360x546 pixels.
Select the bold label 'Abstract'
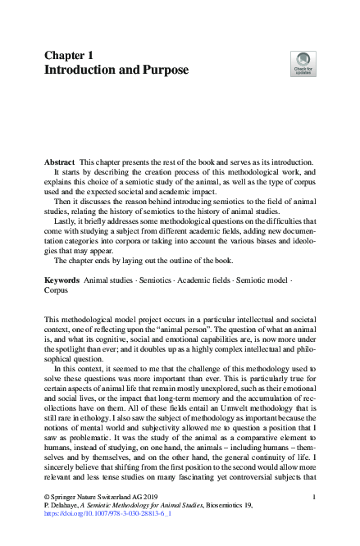click(x=61, y=187)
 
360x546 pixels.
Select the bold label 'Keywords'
click(x=62, y=280)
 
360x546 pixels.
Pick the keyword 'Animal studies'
click(x=110, y=280)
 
